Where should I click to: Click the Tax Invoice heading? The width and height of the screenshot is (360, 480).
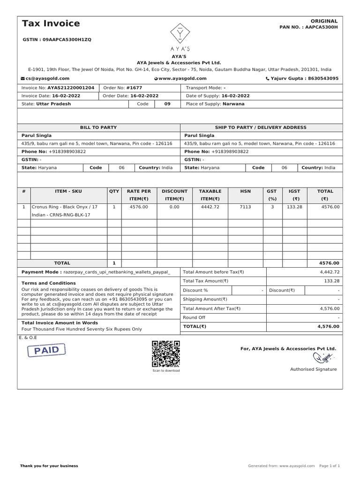point(51,23)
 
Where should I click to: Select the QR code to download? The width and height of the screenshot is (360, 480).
point(166,354)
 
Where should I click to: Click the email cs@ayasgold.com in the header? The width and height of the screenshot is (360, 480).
point(47,79)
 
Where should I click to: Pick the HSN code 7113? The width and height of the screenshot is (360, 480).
point(245,207)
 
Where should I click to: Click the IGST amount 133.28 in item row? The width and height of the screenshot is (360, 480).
point(294,207)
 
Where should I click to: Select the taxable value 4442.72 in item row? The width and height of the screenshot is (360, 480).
point(210,207)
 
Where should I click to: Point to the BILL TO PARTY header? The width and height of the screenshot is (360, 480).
point(98,127)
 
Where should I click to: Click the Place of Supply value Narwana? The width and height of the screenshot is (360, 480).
point(233,104)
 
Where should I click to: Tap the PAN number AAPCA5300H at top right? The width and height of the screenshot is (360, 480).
point(321,27)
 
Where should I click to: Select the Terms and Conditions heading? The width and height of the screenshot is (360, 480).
point(49,283)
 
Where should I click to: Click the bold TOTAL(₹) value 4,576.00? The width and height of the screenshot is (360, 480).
point(328,326)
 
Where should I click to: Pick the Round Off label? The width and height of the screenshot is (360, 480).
point(194,317)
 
